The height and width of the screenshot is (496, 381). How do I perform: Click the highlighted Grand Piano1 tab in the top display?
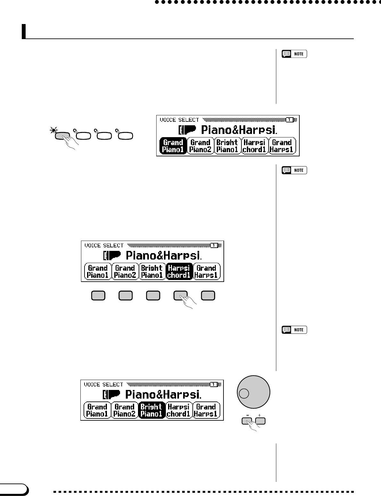pyautogui.click(x=173, y=146)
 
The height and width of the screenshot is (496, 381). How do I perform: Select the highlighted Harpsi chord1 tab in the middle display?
pyautogui.click(x=179, y=272)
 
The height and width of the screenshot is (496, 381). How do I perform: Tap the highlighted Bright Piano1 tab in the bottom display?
pyautogui.click(x=151, y=410)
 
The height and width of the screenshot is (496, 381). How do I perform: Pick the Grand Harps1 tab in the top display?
pyautogui.click(x=282, y=146)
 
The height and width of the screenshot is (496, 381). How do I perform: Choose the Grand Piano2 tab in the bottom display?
pyautogui.click(x=124, y=410)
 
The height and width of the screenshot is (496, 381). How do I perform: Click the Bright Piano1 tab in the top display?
pyautogui.click(x=227, y=146)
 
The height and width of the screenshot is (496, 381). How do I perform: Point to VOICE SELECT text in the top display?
pyautogui.click(x=179, y=120)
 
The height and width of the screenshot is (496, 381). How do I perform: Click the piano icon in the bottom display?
pyautogui.click(x=111, y=394)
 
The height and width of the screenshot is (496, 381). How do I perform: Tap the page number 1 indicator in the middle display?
pyautogui.click(x=214, y=245)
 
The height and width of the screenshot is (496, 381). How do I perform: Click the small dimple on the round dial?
pyautogui.click(x=244, y=393)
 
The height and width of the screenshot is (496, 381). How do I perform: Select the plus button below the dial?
pyautogui.click(x=260, y=421)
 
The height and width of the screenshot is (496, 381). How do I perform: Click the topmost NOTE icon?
pyautogui.click(x=294, y=54)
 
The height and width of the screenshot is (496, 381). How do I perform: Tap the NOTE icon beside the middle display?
pyautogui.click(x=294, y=170)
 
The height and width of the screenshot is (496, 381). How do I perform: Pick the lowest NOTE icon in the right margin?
pyautogui.click(x=294, y=330)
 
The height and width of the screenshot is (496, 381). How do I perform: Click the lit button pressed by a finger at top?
pyautogui.click(x=62, y=136)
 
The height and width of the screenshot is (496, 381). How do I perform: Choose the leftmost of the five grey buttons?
pyautogui.click(x=98, y=295)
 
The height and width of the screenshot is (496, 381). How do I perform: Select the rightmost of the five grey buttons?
pyautogui.click(x=208, y=295)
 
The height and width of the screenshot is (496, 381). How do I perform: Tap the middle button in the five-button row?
pyautogui.click(x=153, y=295)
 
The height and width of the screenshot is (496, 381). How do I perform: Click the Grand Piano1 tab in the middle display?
pyautogui.click(x=98, y=272)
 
